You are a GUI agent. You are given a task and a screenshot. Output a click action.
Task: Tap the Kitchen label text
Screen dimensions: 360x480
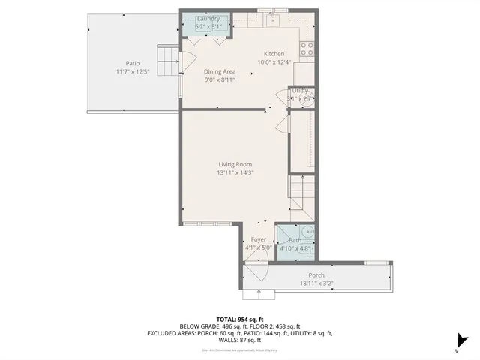(274, 54)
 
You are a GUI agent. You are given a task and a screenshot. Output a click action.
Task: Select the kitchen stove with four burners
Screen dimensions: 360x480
(307, 49)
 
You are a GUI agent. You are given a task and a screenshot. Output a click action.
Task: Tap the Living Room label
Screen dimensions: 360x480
(235, 164)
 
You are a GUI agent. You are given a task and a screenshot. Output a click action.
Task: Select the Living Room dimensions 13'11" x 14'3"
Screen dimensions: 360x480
(235, 173)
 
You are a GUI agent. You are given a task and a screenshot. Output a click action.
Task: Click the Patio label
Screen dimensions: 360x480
(133, 63)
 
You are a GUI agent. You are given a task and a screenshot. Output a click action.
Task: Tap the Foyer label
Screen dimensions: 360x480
(259, 239)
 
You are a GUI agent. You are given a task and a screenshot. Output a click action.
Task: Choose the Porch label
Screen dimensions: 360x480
(316, 275)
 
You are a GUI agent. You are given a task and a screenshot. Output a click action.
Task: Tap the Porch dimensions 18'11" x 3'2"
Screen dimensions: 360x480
(316, 283)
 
